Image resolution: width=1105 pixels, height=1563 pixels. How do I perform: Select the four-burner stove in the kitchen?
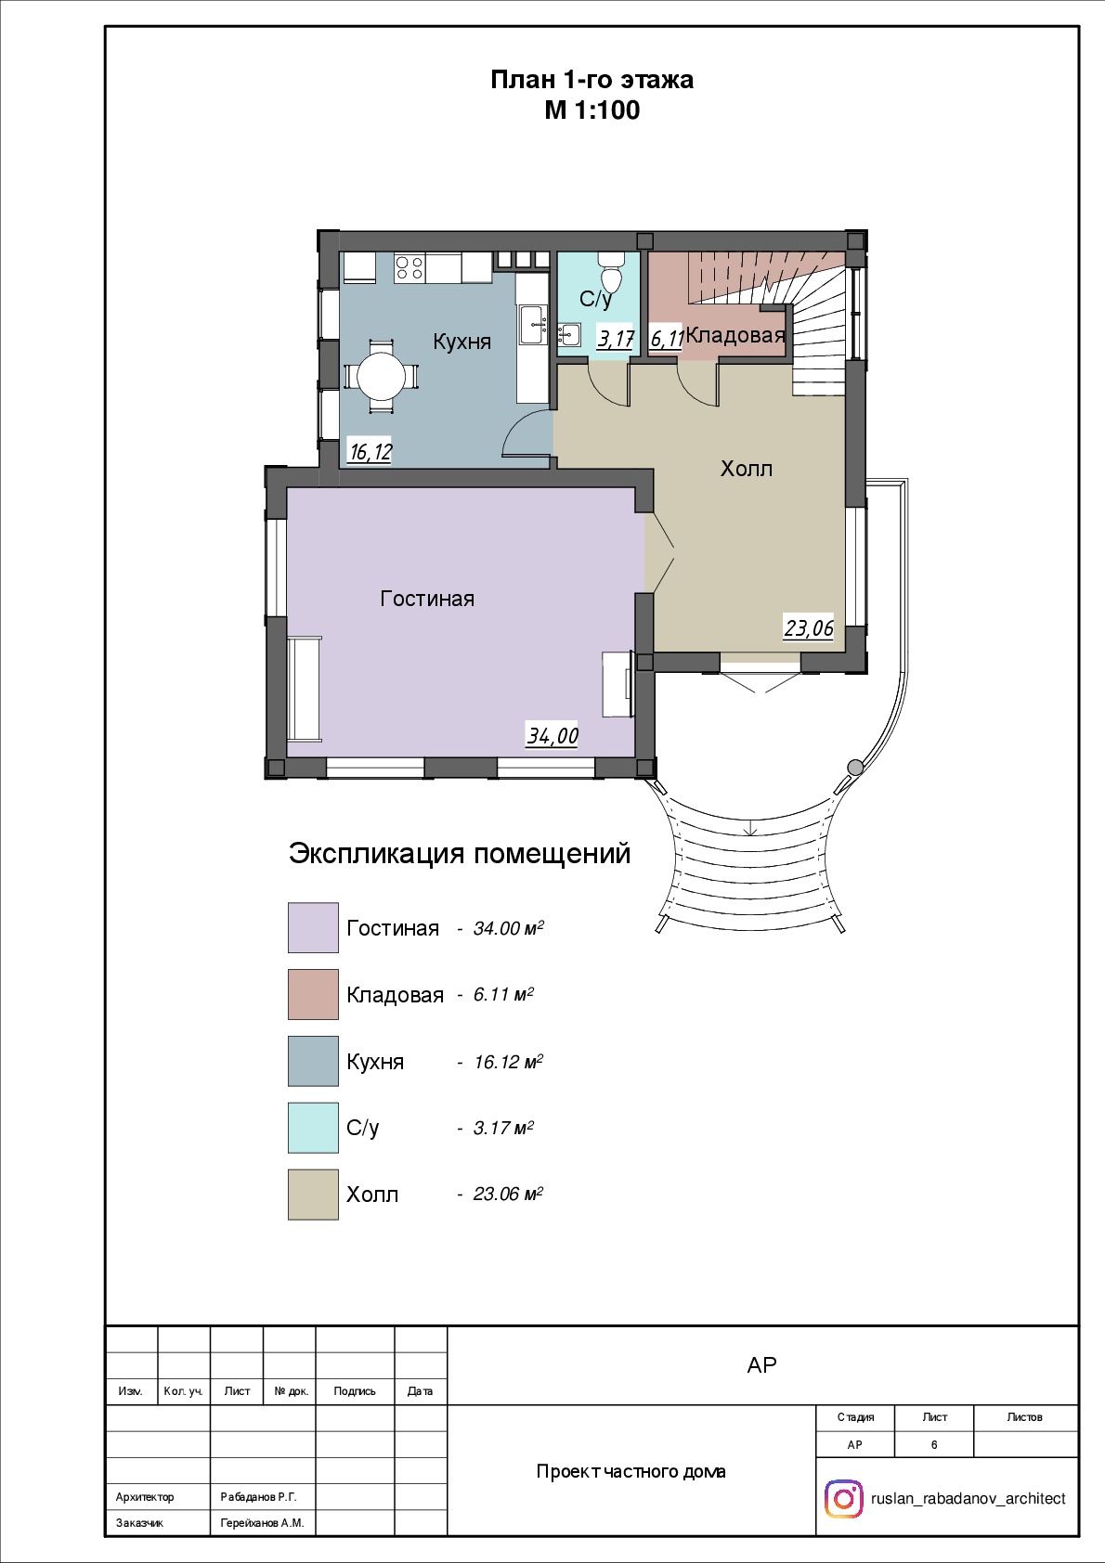409,268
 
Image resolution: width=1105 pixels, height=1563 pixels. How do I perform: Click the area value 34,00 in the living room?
552,735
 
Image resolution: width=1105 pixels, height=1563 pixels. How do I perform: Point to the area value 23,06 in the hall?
809,628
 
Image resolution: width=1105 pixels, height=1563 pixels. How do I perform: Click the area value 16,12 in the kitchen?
370,452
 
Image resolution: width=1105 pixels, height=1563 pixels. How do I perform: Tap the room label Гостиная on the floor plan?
427,599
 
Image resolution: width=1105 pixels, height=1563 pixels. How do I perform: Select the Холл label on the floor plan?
747,468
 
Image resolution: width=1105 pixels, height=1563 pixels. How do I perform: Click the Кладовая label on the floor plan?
735,336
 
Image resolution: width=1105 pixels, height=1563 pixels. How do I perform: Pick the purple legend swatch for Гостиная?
314,928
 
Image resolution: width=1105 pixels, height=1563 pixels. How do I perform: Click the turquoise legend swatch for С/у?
314,1128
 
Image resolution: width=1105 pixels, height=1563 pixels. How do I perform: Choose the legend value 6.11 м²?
503,994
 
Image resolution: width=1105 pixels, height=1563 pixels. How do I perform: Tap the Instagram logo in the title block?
843,1499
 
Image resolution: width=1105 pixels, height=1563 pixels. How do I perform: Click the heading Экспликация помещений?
460,853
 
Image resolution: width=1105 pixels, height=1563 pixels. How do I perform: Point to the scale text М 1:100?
591,110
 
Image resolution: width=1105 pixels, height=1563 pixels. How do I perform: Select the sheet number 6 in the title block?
934,1445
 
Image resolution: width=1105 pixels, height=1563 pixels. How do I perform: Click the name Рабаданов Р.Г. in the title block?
258,1497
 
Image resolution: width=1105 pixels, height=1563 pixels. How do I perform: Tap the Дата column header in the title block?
421,1391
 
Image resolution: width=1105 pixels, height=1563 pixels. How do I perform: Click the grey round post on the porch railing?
855,767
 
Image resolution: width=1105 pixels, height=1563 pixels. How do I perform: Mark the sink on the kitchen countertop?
532,325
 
